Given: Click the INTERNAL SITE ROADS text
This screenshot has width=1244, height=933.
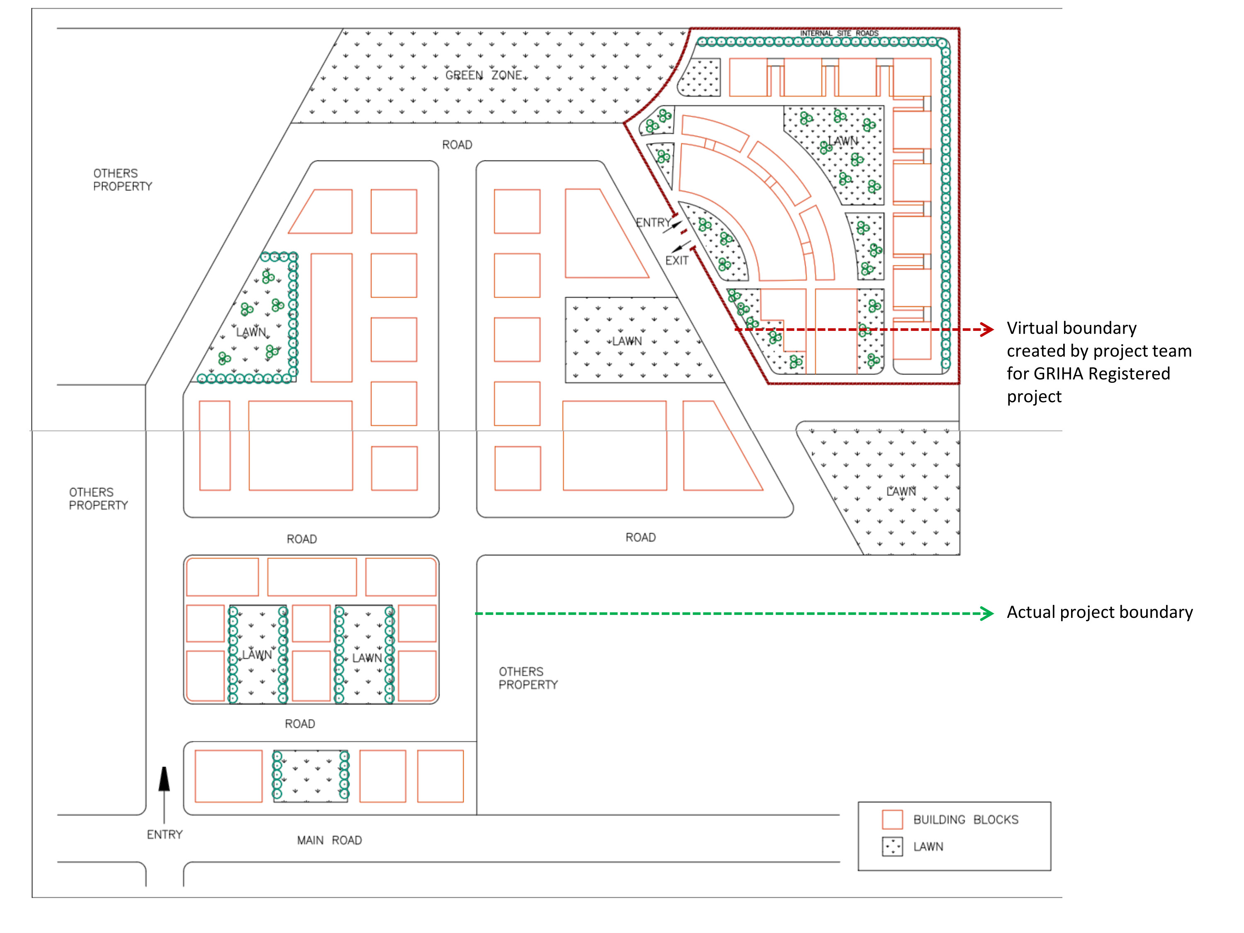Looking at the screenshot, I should click(839, 34).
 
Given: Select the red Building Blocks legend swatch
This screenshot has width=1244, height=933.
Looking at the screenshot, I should click(892, 819).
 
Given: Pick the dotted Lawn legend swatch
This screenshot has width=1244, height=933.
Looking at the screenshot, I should click(892, 846).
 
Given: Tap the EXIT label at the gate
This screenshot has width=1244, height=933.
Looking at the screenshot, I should click(677, 260).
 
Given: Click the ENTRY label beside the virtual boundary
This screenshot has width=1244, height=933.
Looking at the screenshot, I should click(652, 223).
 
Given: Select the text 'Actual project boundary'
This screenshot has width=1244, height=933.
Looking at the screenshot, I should click(1099, 612).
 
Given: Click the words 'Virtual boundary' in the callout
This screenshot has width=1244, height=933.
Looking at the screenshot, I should click(1071, 328).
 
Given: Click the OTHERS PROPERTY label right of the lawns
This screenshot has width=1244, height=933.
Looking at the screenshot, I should click(528, 678).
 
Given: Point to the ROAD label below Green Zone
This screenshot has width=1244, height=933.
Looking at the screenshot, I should click(457, 145).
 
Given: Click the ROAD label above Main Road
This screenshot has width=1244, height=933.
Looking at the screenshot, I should click(300, 724).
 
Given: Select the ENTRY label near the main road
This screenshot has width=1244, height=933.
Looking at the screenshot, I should click(165, 835).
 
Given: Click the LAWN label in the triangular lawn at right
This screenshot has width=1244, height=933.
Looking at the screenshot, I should click(901, 491).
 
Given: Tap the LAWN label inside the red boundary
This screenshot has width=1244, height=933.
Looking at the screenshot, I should click(843, 141).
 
